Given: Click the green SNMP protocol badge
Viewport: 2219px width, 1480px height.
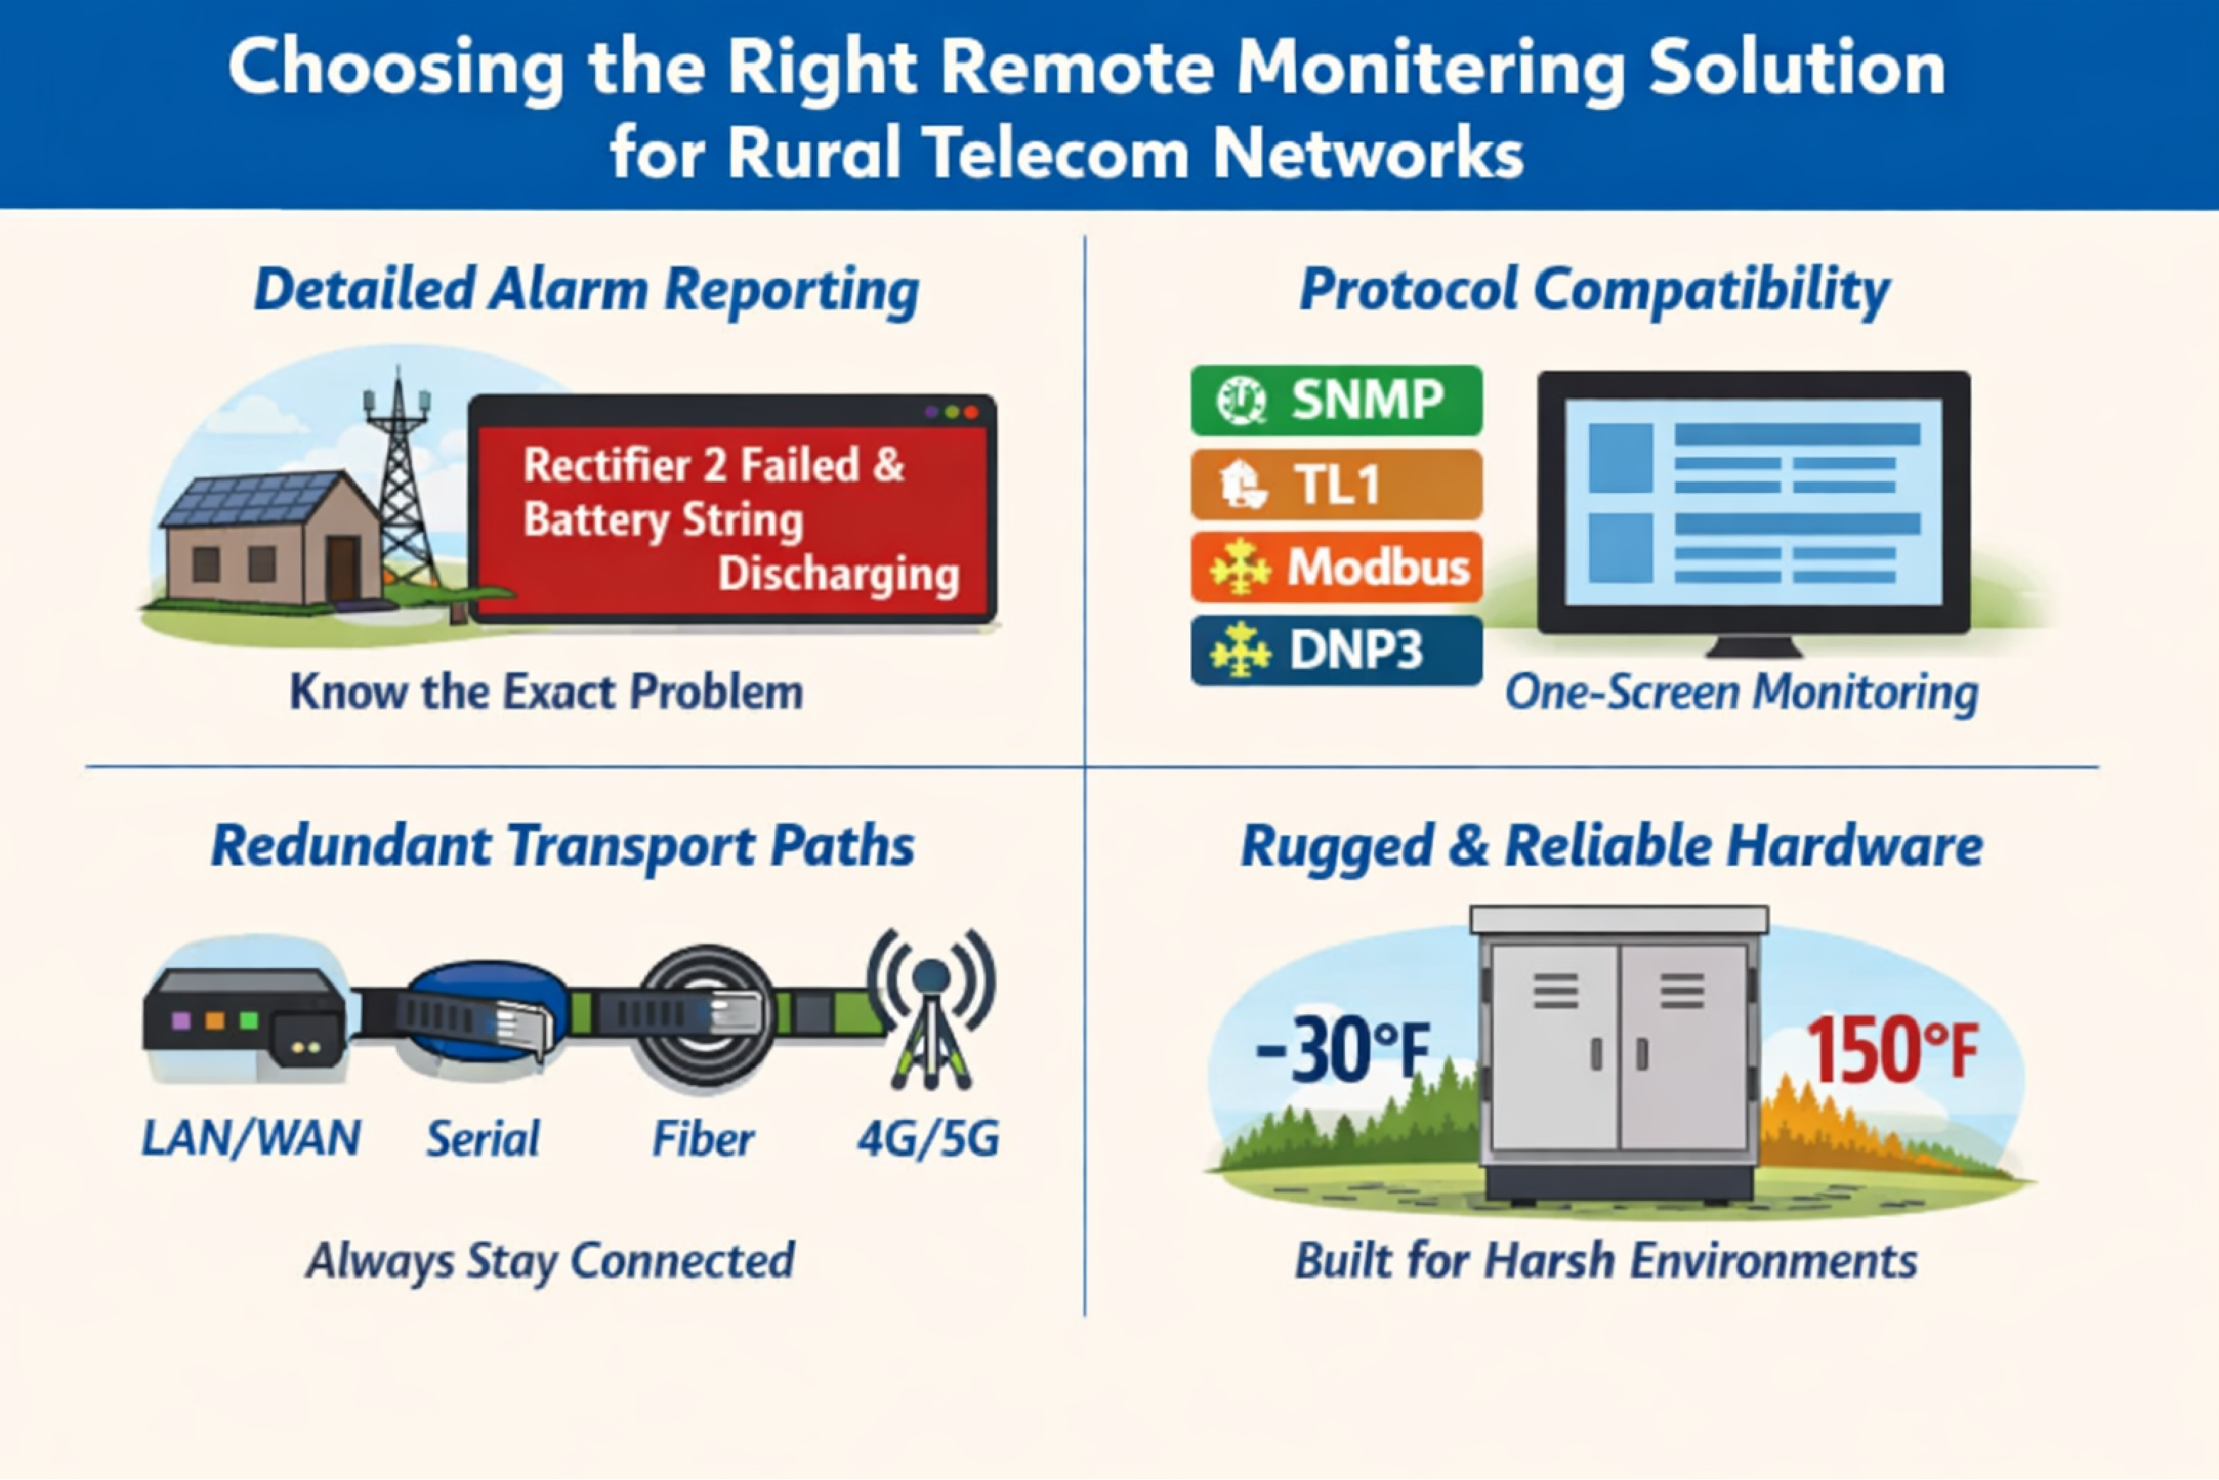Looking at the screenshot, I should (1336, 401).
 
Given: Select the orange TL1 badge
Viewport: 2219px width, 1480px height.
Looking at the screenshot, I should (1336, 484).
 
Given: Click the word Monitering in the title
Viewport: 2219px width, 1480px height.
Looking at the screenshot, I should (1430, 71).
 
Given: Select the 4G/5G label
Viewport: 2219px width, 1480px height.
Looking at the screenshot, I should (928, 1139).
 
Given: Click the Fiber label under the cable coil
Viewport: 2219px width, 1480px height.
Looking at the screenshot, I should (703, 1139).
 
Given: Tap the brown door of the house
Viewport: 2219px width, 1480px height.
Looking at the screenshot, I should (343, 568).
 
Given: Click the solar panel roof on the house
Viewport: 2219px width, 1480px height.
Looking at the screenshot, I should (250, 500).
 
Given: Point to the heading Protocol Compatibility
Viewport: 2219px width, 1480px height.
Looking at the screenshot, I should (1594, 290).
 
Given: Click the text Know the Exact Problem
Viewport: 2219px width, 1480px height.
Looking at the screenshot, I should (545, 692).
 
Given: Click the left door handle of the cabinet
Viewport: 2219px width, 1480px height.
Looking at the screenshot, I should (1596, 1053).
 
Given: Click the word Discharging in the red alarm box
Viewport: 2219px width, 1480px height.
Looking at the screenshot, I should (838, 574).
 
